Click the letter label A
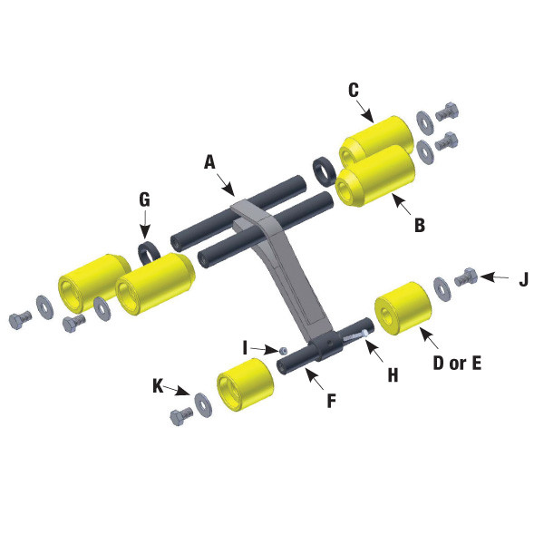click(x=209, y=162)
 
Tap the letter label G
click(x=144, y=199)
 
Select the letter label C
click(x=354, y=89)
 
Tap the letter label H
click(x=393, y=373)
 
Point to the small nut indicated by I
click(x=284, y=350)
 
